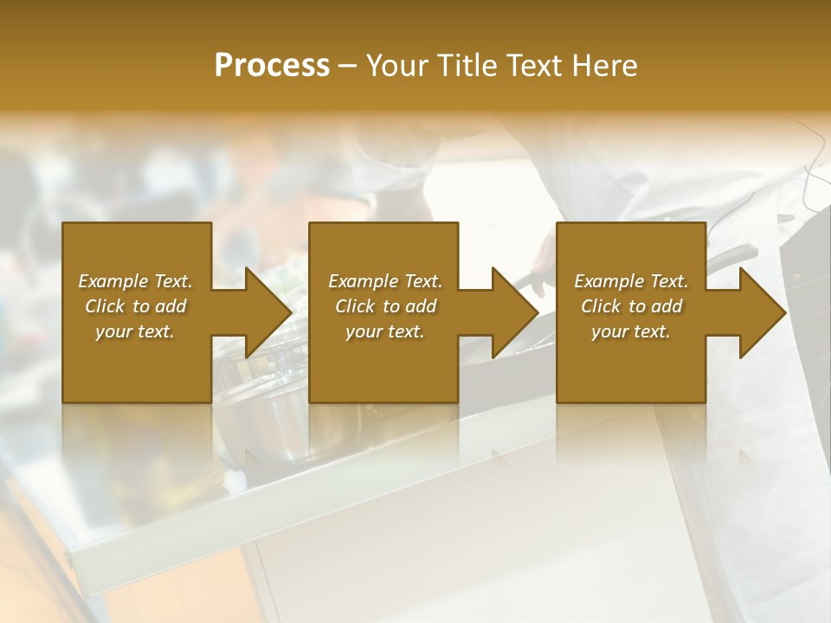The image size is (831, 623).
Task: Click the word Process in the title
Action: [x=272, y=66]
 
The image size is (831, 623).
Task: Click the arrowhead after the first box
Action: [x=260, y=312]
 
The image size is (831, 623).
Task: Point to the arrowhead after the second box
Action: [x=506, y=312]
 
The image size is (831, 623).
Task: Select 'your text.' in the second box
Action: [x=385, y=331]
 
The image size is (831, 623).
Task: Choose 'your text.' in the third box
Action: [x=631, y=331]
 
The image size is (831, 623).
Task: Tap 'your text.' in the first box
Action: [x=135, y=331]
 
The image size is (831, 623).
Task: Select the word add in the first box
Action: [x=171, y=306]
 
